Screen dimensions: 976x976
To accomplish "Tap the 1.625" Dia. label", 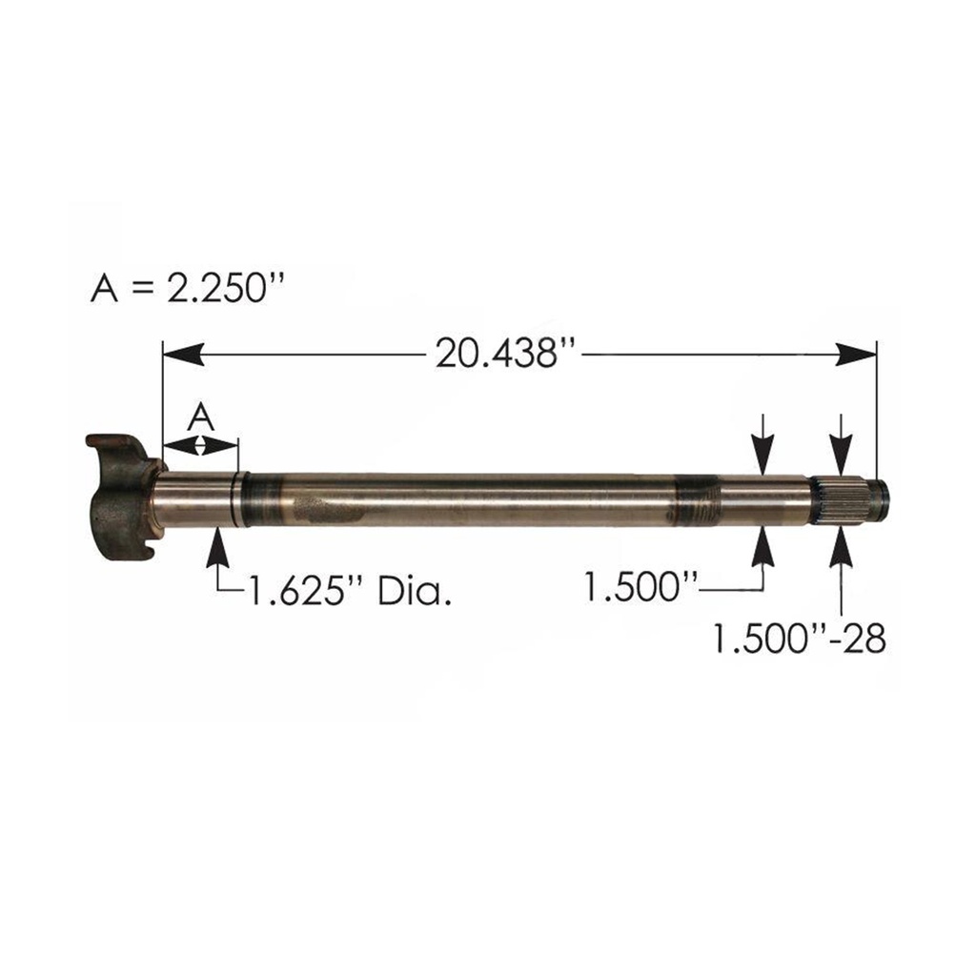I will coord(349,594).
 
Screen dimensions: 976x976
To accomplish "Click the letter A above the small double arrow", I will coord(200,416).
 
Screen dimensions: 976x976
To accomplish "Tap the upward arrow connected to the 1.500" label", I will coord(762,547).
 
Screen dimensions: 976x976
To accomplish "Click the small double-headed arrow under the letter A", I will coord(200,444).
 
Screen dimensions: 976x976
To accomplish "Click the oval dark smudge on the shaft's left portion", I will coord(326,508).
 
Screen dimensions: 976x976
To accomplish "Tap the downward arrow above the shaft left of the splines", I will coord(762,445).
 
